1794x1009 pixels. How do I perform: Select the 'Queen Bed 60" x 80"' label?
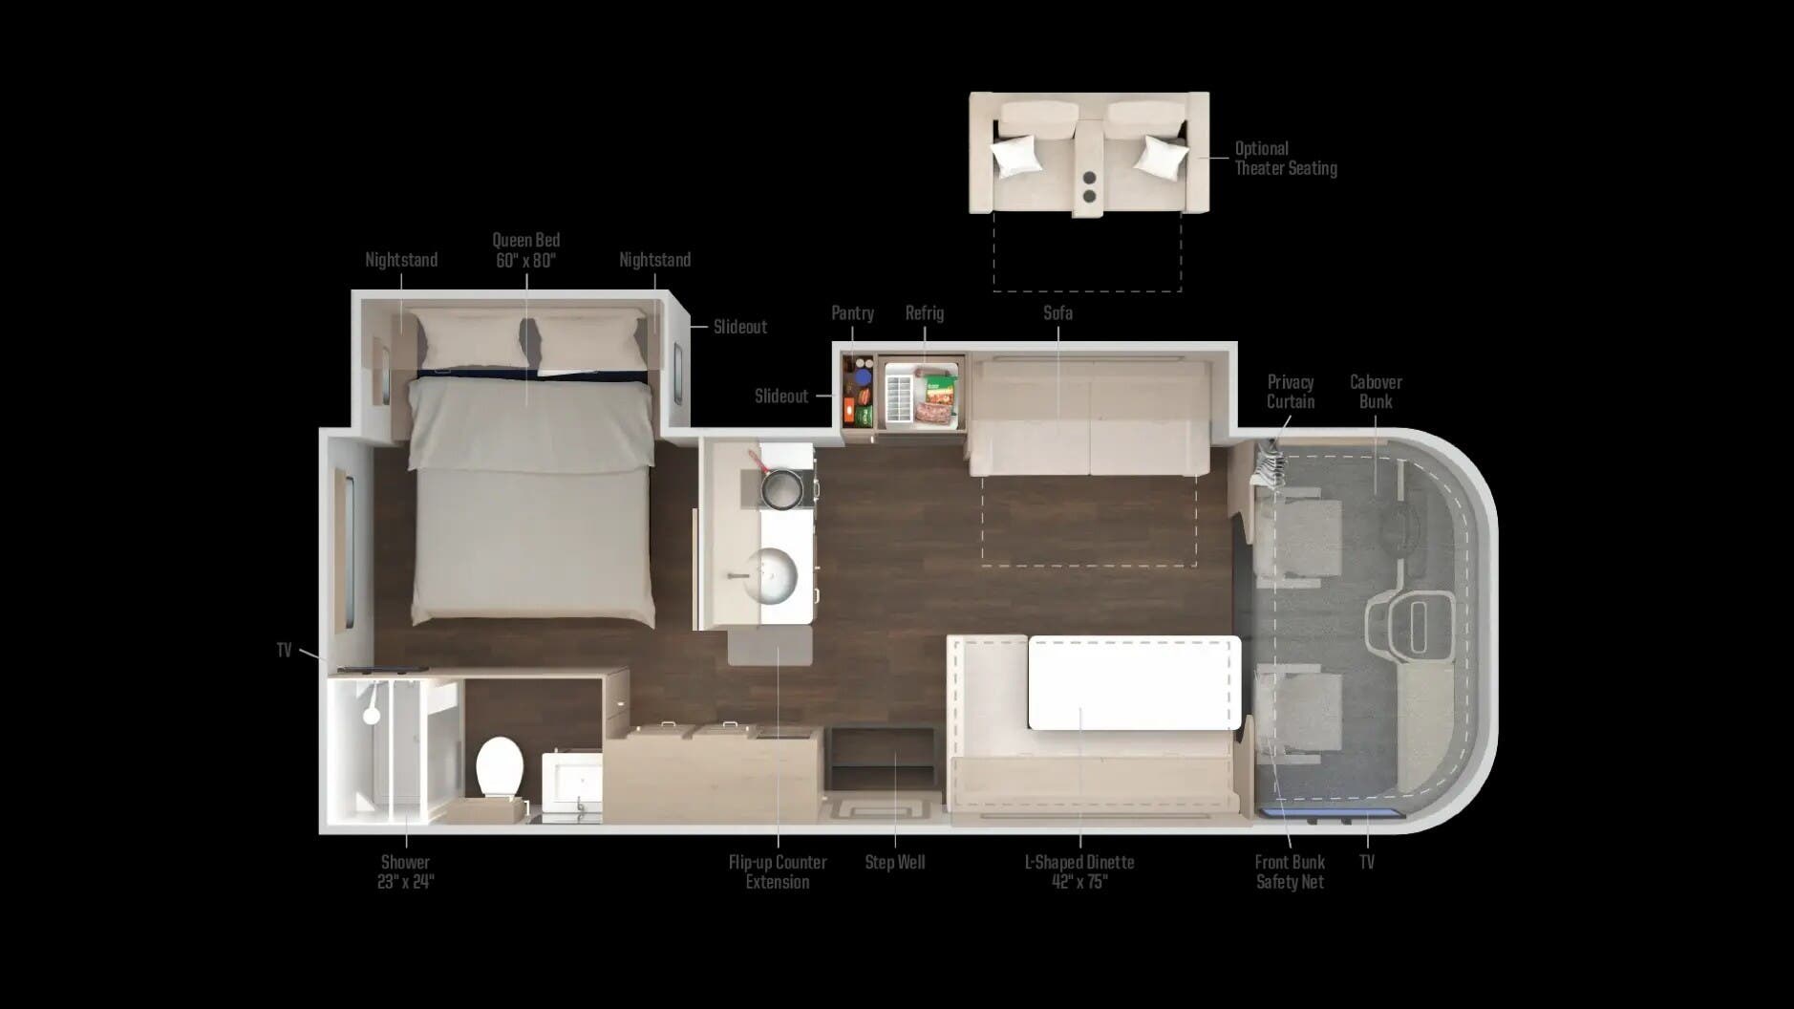(x=526, y=250)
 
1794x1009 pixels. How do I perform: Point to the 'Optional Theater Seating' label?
(x=1285, y=159)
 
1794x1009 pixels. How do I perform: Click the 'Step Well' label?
(x=895, y=862)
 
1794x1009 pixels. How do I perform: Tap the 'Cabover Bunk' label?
(x=1376, y=392)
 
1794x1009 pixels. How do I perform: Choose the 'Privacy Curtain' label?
(x=1291, y=392)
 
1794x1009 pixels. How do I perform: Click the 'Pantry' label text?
(x=852, y=313)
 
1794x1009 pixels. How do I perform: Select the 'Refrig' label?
(x=924, y=313)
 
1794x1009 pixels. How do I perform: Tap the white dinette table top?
(x=1132, y=682)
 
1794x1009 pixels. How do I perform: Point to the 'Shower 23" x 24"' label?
(x=405, y=871)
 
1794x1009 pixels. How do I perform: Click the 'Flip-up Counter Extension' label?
(x=778, y=871)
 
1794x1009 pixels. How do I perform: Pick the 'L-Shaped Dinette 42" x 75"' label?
(x=1079, y=871)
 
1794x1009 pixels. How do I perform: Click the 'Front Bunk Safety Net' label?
(x=1290, y=871)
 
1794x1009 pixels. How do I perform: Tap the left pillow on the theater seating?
(x=1014, y=154)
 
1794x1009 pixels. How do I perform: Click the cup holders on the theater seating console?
(x=1090, y=185)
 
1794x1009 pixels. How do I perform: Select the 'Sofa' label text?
(x=1057, y=313)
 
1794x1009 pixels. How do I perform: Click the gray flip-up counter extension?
(x=770, y=646)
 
